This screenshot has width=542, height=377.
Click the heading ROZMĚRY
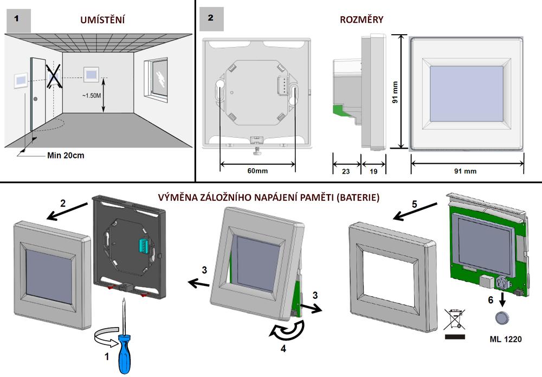click(362, 20)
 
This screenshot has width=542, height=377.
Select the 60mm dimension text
click(258, 170)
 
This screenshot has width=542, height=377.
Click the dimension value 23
click(346, 170)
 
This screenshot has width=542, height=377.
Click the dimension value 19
click(375, 170)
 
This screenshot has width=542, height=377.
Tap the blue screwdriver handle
click(122, 353)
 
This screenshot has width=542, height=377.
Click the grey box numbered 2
click(210, 18)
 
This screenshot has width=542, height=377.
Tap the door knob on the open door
click(35, 99)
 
